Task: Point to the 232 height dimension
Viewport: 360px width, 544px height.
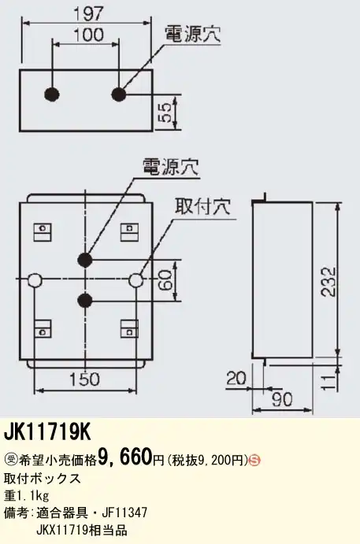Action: click(x=328, y=281)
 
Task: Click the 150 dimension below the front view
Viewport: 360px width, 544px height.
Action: click(x=84, y=379)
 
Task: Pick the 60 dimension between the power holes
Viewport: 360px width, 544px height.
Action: click(x=166, y=280)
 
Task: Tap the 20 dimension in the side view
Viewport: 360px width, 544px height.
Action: click(x=236, y=378)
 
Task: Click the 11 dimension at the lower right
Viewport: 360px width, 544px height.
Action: click(x=328, y=383)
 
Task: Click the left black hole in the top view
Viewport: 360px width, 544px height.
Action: click(x=52, y=94)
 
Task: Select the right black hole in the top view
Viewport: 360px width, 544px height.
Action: click(x=119, y=94)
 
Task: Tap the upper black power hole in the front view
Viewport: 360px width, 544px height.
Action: click(x=85, y=259)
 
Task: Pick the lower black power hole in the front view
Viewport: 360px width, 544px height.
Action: click(x=85, y=301)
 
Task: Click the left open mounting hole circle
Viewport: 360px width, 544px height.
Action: click(x=35, y=279)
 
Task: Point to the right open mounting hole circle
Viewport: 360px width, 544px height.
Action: click(x=136, y=279)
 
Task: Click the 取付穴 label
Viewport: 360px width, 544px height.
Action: click(x=202, y=207)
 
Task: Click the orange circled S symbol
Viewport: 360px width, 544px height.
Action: click(x=255, y=461)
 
